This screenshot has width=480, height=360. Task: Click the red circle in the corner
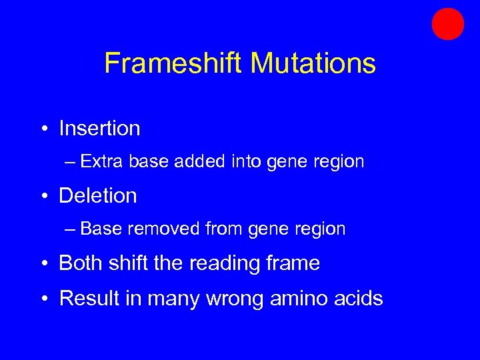click(447, 24)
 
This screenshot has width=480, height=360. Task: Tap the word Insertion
click(99, 128)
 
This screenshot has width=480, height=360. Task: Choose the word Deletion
click(98, 195)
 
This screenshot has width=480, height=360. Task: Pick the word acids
click(360, 298)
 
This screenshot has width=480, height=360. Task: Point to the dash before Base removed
click(71, 229)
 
